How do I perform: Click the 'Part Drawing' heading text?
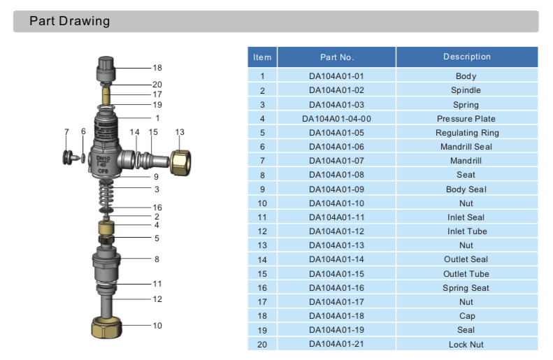pyautogui.click(x=69, y=21)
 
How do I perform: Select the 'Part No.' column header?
pyautogui.click(x=337, y=57)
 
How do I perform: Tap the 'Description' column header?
pyautogui.click(x=466, y=57)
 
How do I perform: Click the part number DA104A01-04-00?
pyautogui.click(x=337, y=119)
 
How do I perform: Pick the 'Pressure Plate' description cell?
pyautogui.click(x=466, y=119)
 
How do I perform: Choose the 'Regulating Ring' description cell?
pyautogui.click(x=466, y=133)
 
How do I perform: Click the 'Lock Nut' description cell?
pyautogui.click(x=466, y=345)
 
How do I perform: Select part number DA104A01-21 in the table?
pyautogui.click(x=337, y=345)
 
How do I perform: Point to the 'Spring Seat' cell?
pyautogui.click(x=466, y=288)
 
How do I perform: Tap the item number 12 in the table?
pyautogui.click(x=263, y=231)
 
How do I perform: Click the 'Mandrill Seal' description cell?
pyautogui.click(x=466, y=147)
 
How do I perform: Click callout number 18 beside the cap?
pyautogui.click(x=157, y=68)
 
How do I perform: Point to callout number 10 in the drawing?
pyautogui.click(x=157, y=326)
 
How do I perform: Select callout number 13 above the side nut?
pyautogui.click(x=180, y=132)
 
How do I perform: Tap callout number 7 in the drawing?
pyautogui.click(x=66, y=131)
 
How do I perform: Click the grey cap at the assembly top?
pyautogui.click(x=106, y=69)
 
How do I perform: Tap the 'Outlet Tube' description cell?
pyautogui.click(x=466, y=274)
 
